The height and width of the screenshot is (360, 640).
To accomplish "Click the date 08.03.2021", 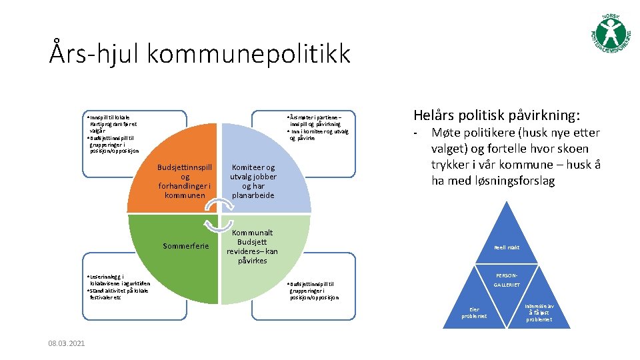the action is point(67,343).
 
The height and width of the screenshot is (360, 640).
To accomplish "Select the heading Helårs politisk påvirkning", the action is point(496,115).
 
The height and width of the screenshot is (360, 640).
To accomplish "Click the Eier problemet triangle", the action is point(474,310).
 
